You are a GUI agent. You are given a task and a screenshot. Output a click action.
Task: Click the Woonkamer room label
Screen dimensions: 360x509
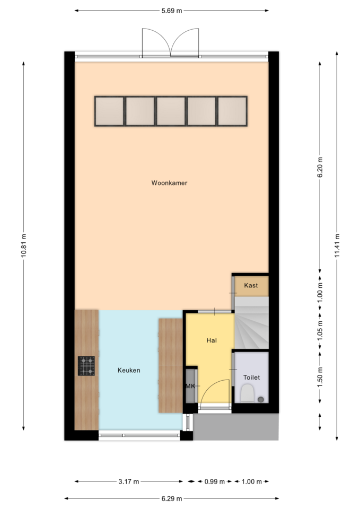(169, 183)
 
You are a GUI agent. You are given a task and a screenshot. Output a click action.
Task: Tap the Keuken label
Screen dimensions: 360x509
(129, 370)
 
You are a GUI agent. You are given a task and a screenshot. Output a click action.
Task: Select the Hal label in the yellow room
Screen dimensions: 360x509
(212, 340)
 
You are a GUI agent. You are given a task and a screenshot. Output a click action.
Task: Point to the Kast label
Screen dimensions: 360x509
(251, 285)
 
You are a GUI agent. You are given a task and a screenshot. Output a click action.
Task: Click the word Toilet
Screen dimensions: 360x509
(252, 377)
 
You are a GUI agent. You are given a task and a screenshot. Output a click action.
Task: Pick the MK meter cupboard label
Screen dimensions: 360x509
(190, 386)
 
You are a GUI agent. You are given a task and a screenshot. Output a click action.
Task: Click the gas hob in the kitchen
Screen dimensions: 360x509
(86, 366)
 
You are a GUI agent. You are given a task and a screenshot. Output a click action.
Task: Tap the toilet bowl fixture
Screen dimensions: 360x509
(248, 393)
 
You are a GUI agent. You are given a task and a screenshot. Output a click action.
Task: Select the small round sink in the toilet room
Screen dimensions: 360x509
(261, 399)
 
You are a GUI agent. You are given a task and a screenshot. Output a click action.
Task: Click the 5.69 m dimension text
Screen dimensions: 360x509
(172, 11)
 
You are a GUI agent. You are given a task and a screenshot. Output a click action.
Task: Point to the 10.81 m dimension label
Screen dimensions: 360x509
(24, 245)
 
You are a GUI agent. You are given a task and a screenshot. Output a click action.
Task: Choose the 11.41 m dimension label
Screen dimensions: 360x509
(337, 245)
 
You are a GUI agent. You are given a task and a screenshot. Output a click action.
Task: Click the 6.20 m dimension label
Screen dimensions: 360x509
(320, 167)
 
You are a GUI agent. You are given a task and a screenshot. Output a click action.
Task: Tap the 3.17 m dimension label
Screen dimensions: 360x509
(128, 481)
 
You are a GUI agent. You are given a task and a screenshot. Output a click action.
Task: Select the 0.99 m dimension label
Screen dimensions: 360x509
(214, 481)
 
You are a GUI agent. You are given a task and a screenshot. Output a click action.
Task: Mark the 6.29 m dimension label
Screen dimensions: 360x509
(172, 498)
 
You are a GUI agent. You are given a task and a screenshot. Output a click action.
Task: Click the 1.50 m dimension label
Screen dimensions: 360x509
(320, 376)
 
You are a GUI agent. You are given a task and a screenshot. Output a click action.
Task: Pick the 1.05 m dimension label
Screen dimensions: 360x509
(320, 331)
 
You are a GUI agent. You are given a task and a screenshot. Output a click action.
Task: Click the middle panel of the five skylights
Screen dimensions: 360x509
(171, 111)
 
